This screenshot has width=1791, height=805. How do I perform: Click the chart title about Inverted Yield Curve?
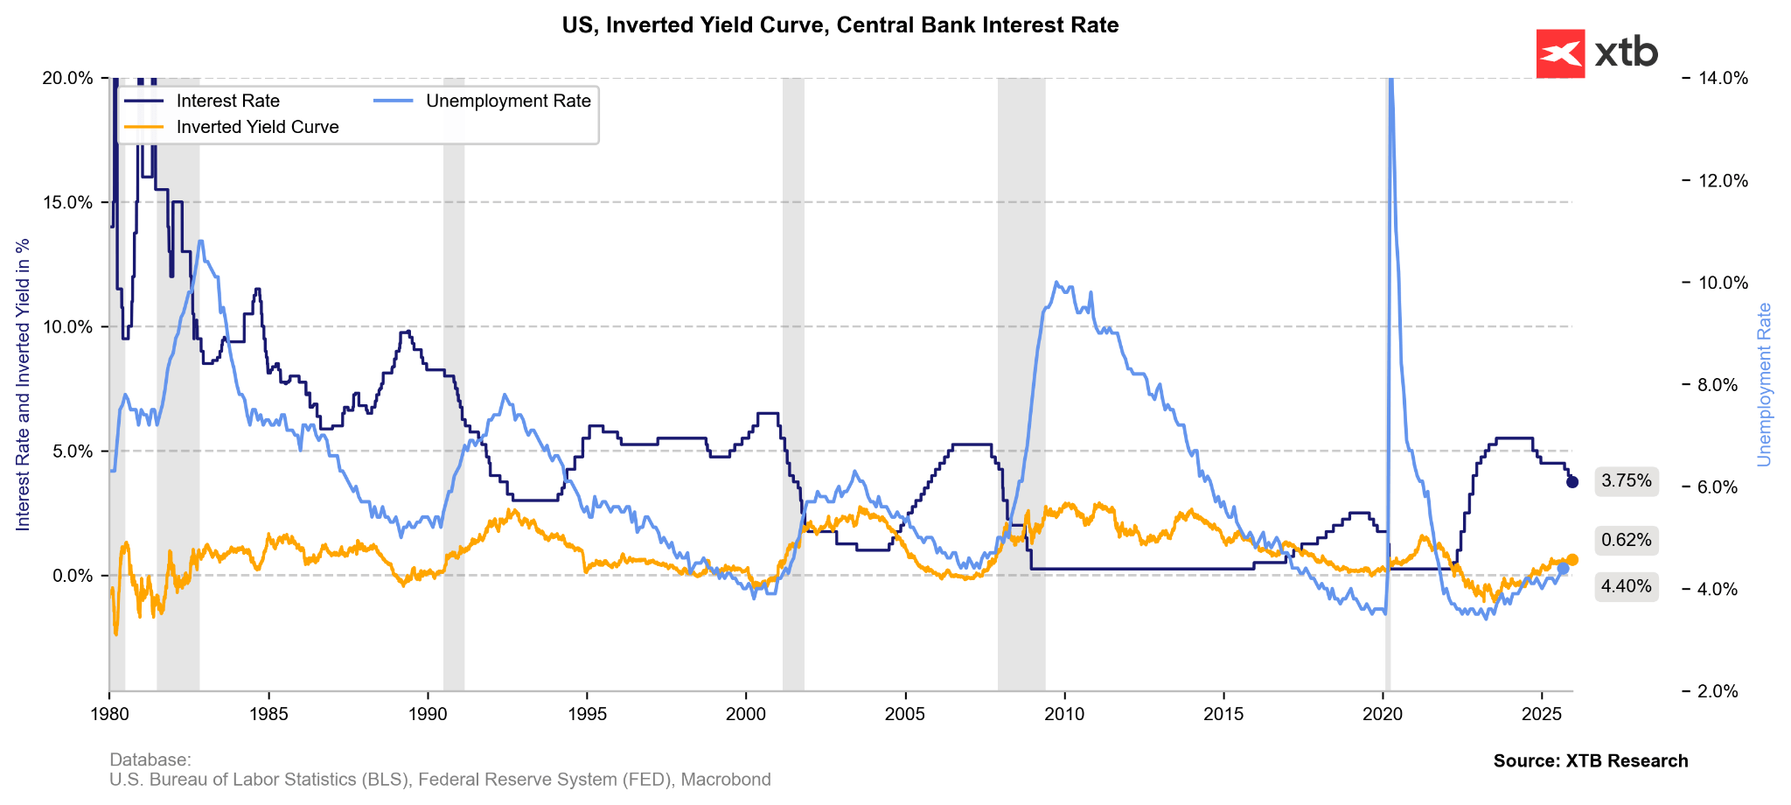click(x=840, y=25)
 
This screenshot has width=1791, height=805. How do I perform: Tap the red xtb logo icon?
click(x=1560, y=53)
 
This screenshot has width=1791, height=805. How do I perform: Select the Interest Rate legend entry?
click(x=227, y=101)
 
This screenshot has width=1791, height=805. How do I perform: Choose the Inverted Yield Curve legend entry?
click(x=257, y=128)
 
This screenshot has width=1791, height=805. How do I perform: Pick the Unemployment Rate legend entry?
click(x=508, y=101)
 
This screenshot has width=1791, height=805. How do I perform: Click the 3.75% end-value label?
click(x=1627, y=481)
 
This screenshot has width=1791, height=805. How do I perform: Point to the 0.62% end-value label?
click(x=1627, y=541)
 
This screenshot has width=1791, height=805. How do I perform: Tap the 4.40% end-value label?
click(x=1627, y=586)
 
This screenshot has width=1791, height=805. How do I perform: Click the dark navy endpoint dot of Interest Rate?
click(x=1572, y=482)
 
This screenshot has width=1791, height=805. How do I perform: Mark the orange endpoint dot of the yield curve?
click(x=1572, y=559)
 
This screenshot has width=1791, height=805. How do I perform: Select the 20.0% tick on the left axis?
click(x=67, y=78)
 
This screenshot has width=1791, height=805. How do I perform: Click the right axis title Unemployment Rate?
click(x=1764, y=384)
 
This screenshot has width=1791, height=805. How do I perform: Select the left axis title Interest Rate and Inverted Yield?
click(x=24, y=384)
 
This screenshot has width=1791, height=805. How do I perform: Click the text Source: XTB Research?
click(x=1591, y=761)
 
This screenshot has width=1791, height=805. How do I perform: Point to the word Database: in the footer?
click(x=150, y=760)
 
